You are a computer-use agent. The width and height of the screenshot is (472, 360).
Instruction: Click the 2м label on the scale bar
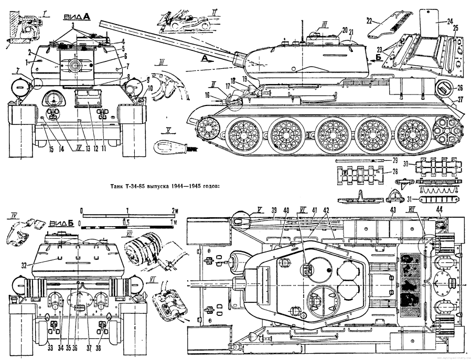click(175, 210)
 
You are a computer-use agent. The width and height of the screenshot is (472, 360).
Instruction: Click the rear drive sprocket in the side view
click(449, 129)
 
